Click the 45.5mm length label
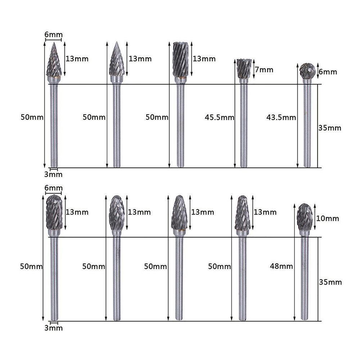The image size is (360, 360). click(x=219, y=117)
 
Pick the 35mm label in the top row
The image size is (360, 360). click(x=330, y=128)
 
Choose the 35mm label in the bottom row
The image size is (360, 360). click(x=330, y=282)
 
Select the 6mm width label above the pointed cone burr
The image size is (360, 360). click(x=53, y=35)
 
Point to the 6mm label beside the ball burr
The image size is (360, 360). click(x=328, y=72)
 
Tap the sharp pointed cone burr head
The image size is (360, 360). click(x=54, y=61)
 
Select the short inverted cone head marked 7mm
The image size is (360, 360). click(x=244, y=68)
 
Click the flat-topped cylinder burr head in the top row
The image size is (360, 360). click(x=180, y=59)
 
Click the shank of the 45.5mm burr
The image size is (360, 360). click(x=244, y=126)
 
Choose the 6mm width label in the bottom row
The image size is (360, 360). click(x=53, y=188)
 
